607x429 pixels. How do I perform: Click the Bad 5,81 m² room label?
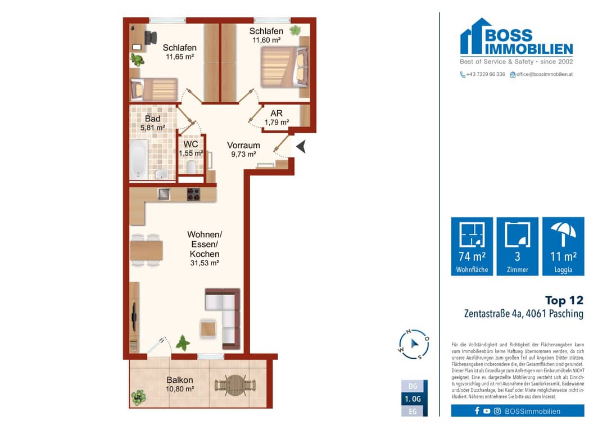tap(152, 123)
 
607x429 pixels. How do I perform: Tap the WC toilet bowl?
tap(191, 167)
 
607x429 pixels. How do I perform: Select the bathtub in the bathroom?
tap(139, 160)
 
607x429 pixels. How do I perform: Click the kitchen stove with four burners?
tap(193, 194)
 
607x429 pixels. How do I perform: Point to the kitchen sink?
tap(164, 194)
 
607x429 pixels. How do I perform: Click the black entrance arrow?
tap(301, 146)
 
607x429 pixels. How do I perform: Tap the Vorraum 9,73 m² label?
tap(243, 150)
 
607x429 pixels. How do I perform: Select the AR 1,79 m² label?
tap(277, 118)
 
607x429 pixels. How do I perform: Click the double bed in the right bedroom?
tap(284, 67)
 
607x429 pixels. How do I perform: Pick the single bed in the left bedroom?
tap(154, 89)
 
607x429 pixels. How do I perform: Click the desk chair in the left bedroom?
tap(150, 38)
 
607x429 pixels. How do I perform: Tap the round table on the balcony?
tap(235, 385)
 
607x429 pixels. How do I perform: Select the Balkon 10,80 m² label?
tap(180, 384)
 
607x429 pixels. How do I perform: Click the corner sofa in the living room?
tap(223, 318)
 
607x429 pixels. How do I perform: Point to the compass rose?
tap(414, 344)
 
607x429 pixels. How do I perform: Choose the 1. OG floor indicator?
tap(414, 399)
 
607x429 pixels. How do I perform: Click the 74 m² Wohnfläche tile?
tap(472, 246)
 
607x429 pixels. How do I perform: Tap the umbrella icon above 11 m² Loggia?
tap(563, 234)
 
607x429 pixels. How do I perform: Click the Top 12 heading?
tap(564, 300)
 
